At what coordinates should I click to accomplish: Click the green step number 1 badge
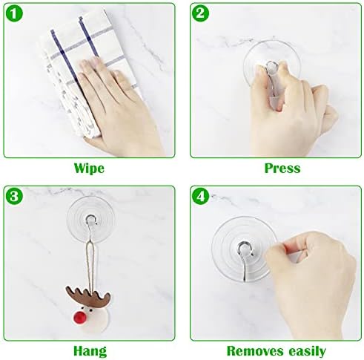coord(15,14)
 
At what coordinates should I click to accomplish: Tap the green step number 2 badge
coord(201,14)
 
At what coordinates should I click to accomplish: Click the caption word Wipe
coord(89,168)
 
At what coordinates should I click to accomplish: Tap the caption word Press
coord(282,168)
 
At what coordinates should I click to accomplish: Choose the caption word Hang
coord(89,350)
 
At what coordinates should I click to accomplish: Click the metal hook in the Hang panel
coord(89,221)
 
